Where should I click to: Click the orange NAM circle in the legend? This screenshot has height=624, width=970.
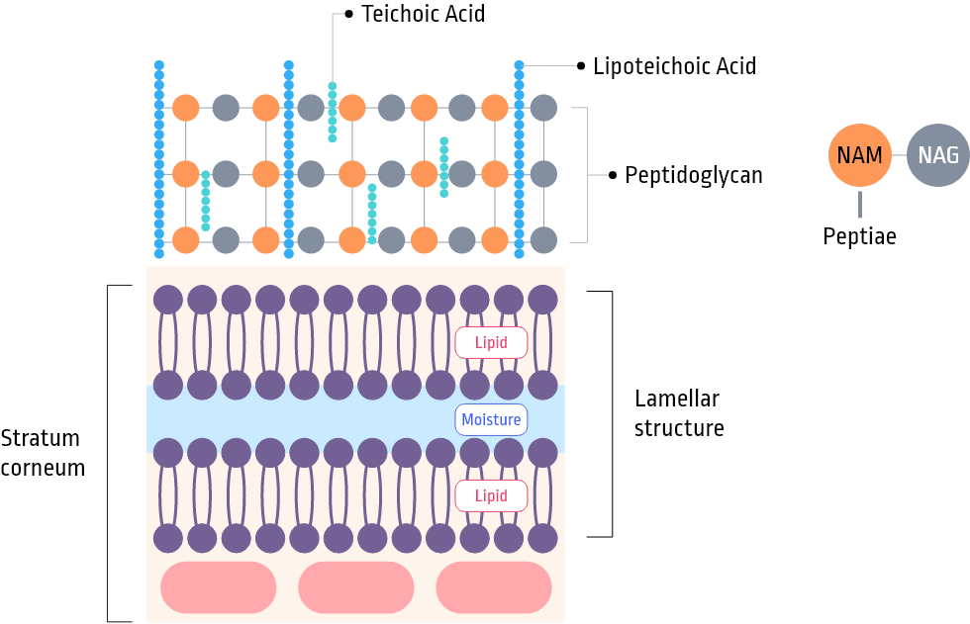click(x=859, y=155)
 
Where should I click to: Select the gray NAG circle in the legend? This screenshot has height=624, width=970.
click(x=937, y=155)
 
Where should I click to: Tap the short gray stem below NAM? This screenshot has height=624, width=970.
click(x=859, y=205)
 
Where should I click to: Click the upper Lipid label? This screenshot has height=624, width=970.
click(x=491, y=343)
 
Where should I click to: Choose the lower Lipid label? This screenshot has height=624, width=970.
click(x=491, y=495)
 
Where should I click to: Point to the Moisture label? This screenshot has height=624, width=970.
click(x=491, y=419)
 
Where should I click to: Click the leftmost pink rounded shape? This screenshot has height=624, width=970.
click(x=218, y=586)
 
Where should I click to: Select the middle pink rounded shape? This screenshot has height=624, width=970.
click(x=355, y=586)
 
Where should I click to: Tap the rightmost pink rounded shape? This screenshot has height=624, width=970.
click(x=493, y=586)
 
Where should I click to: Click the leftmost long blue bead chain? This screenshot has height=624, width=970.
click(x=158, y=158)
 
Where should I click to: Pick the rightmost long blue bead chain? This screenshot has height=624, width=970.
click(x=519, y=158)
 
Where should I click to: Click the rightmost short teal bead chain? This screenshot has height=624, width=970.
click(x=443, y=167)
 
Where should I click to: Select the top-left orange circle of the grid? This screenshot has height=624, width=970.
click(x=186, y=108)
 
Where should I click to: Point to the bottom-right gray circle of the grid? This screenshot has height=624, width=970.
click(x=542, y=239)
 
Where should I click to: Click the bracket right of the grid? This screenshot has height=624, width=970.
click(x=588, y=175)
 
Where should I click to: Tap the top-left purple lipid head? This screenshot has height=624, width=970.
click(x=168, y=299)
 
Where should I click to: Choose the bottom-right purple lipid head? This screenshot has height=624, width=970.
click(x=542, y=538)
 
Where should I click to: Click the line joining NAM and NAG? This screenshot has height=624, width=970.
click(x=899, y=156)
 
